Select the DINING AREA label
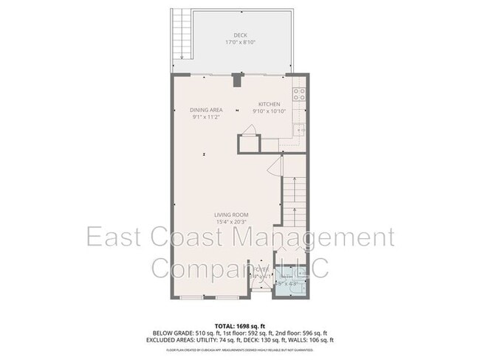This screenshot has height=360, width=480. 207,110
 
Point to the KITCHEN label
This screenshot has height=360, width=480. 269,104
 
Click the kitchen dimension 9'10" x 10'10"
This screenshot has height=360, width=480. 269,111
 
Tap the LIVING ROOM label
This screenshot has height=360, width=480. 232,215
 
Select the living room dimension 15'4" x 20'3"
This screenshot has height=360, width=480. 232,222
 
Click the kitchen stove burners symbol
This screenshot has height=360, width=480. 300,94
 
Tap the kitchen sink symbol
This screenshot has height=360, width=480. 300,131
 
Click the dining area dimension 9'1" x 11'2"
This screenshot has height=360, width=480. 207,117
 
